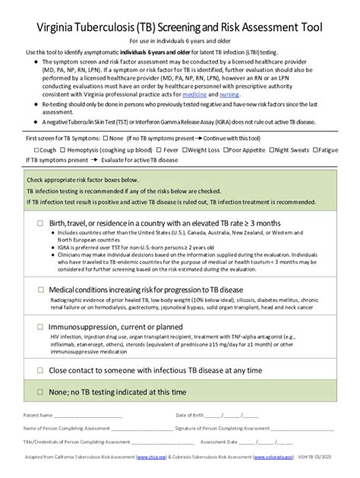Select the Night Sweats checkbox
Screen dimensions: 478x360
(273, 150)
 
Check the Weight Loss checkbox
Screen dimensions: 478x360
(184, 150)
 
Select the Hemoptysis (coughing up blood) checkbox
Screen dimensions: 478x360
(65, 150)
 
